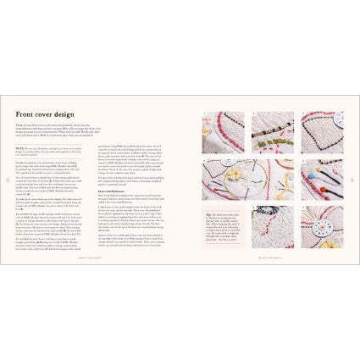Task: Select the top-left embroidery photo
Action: pyautogui.click(x=222, y=132)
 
